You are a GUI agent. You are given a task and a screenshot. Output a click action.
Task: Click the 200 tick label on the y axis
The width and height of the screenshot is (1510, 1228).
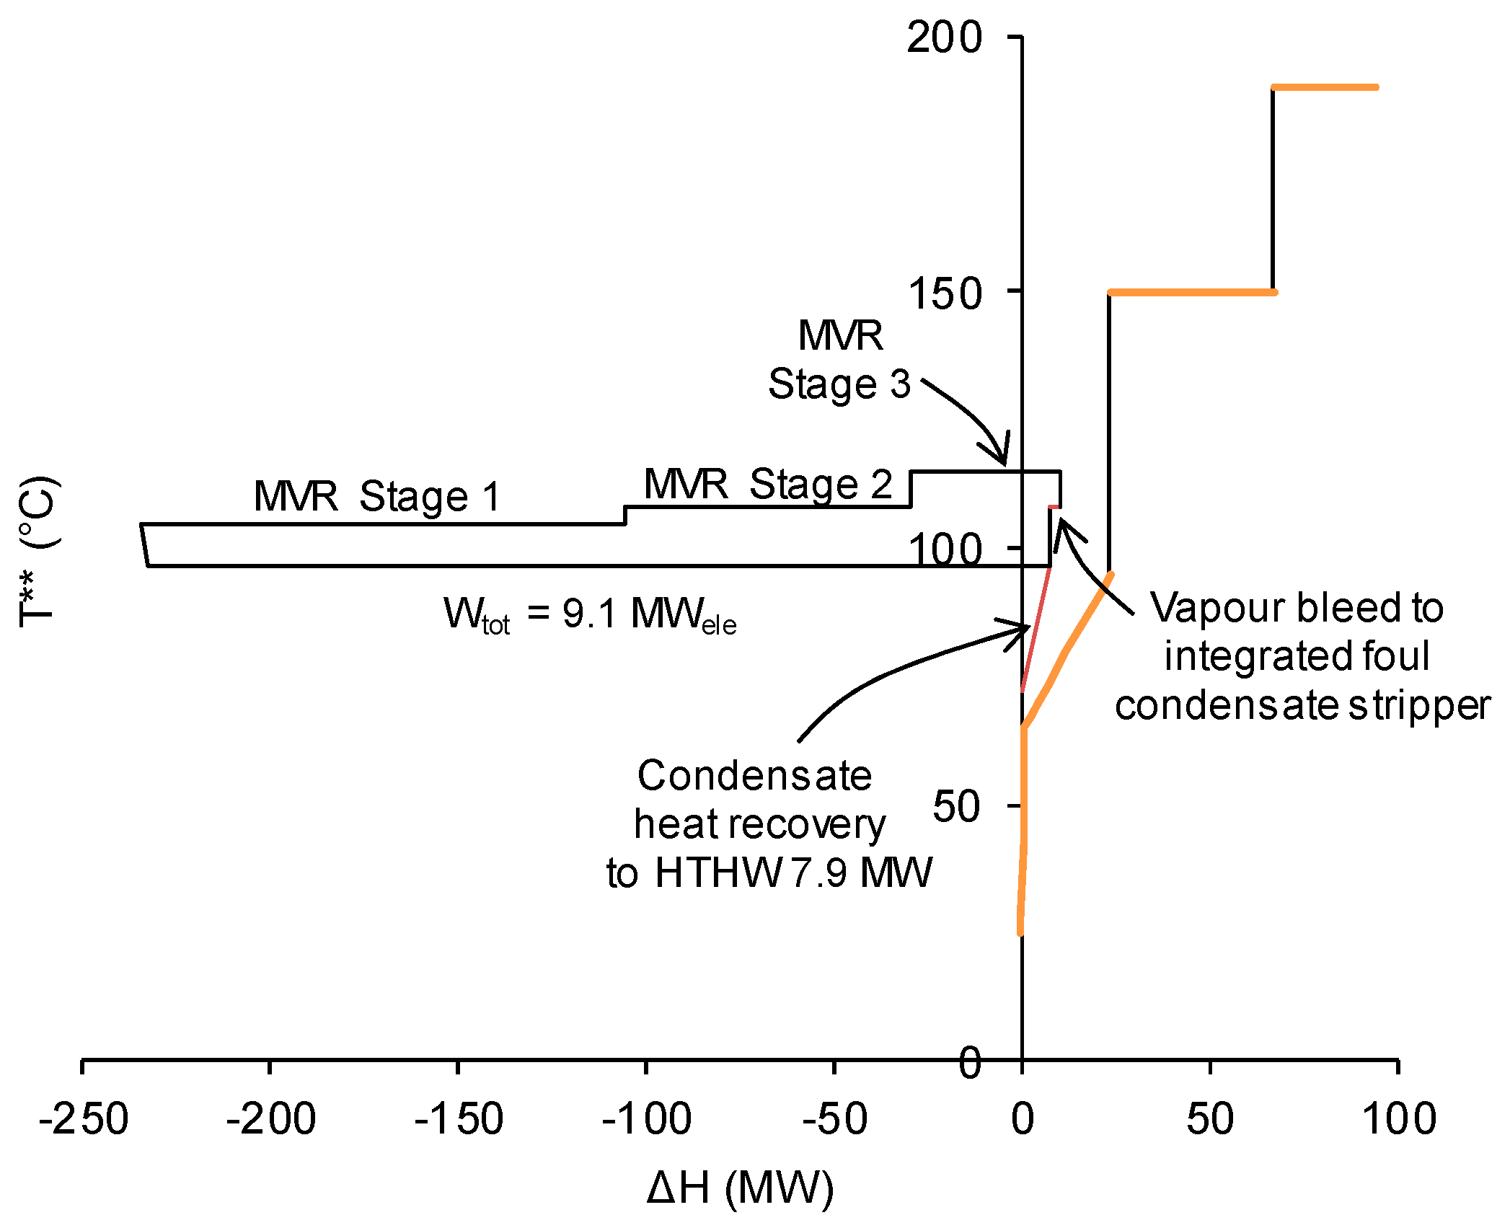tap(944, 37)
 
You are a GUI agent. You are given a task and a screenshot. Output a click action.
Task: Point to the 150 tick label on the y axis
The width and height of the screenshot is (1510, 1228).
tap(944, 294)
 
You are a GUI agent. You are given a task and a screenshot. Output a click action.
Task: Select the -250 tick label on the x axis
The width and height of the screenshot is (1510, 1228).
tap(84, 1119)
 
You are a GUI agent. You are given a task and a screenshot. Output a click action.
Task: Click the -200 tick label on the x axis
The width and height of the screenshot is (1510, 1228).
tap(270, 1119)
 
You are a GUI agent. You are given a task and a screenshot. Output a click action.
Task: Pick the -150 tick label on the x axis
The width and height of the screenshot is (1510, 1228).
tap(459, 1119)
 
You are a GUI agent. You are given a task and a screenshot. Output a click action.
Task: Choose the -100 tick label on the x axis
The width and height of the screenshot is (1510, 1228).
tap(647, 1119)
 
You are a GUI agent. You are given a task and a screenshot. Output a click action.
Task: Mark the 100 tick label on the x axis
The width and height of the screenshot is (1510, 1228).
tap(1398, 1119)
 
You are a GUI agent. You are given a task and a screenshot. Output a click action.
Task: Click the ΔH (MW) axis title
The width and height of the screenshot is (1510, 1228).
tap(740, 1188)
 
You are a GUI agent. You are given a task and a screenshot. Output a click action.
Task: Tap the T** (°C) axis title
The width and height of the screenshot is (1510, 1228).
tap(37, 552)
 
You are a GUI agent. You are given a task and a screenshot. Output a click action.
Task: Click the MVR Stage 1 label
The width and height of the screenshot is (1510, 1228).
tap(377, 497)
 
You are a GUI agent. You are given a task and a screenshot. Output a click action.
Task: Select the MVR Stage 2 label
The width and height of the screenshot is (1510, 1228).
tap(768, 484)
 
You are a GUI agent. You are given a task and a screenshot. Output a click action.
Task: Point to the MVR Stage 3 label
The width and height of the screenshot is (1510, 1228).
tap(840, 360)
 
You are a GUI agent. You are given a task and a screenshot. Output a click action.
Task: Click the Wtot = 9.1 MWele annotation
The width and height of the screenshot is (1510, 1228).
tap(590, 615)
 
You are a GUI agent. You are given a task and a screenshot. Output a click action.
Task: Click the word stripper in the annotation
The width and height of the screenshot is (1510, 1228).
tap(1419, 705)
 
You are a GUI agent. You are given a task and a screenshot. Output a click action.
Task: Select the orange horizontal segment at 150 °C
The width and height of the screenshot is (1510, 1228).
tap(1191, 292)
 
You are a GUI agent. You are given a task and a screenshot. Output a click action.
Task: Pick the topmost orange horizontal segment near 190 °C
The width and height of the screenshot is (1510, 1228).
tap(1325, 87)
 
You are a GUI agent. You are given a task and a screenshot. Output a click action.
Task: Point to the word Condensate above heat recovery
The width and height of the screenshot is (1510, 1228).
tap(754, 776)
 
